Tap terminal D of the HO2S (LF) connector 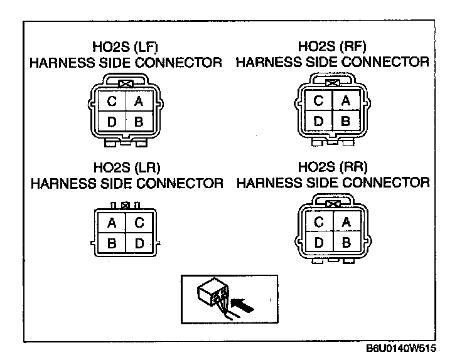click(x=111, y=122)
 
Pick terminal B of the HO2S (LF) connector click(x=139, y=122)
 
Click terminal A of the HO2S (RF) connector click(x=345, y=100)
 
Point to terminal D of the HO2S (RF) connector click(x=318, y=120)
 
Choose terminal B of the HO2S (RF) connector click(x=345, y=120)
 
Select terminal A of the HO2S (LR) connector click(x=112, y=223)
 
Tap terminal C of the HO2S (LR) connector click(x=139, y=223)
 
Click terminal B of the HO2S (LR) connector click(x=112, y=243)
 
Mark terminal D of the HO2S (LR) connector click(x=139, y=243)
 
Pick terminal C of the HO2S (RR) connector click(x=319, y=222)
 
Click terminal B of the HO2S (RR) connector click(x=346, y=241)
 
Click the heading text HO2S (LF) click(x=127, y=48)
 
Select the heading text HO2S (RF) click(x=332, y=47)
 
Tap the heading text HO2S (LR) click(x=127, y=168)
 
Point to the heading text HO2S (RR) click(x=333, y=167)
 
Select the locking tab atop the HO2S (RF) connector click(x=333, y=82)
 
